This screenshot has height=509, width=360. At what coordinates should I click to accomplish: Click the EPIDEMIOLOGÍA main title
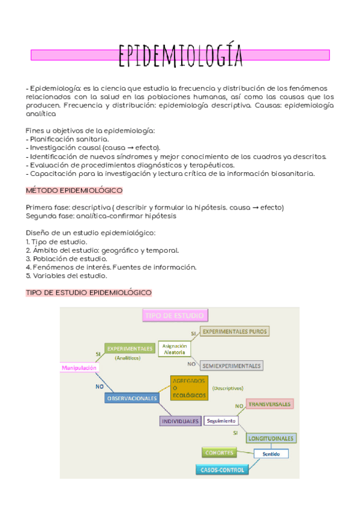tap(180, 55)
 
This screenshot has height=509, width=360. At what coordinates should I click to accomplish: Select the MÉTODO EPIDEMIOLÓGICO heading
tap(74, 190)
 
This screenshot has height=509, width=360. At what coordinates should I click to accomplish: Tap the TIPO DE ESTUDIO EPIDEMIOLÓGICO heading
tap(88, 292)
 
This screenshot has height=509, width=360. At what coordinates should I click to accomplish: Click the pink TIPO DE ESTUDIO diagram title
tap(173, 315)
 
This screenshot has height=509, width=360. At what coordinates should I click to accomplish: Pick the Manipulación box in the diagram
tap(79, 367)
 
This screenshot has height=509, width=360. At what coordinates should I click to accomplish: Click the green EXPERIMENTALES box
tap(129, 348)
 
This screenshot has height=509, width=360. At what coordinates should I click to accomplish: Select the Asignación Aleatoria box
tap(175, 349)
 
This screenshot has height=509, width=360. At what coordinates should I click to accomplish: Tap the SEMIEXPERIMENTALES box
tap(232, 365)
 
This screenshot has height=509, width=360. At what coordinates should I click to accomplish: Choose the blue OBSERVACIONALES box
tap(132, 398)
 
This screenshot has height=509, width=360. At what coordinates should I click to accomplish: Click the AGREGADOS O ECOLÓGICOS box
tap(189, 388)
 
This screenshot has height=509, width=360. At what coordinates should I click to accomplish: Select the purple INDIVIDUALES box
tap(180, 421)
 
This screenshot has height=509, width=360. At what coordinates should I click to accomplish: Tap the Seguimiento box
tap(221, 421)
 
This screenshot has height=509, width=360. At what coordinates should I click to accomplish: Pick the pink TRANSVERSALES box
tap(269, 405)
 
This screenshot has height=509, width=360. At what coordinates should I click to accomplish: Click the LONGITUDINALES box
tap(271, 438)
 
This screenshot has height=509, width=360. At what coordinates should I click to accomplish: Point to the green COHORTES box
tap(218, 453)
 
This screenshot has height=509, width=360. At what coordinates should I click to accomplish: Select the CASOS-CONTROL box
tap(223, 470)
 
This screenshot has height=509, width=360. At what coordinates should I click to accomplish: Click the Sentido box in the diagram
tap(271, 454)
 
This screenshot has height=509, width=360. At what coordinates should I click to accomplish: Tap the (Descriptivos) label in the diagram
tap(227, 388)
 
